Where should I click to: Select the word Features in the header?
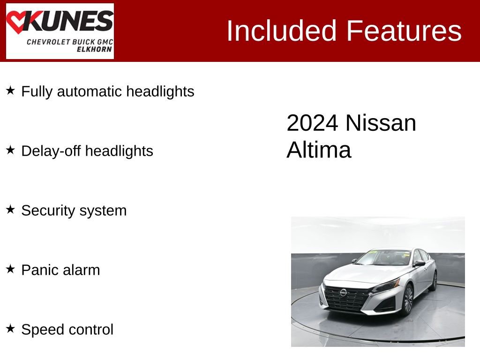(404, 31)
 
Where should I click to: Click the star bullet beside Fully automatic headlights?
(11, 90)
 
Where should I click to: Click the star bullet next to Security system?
(11, 210)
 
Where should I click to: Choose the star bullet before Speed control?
(11, 329)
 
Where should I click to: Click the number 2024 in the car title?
(312, 123)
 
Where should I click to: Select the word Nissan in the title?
(381, 123)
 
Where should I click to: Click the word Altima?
(319, 150)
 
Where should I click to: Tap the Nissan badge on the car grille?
(343, 292)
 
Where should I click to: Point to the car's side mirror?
(419, 263)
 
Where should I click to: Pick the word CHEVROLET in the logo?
(48, 42)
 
